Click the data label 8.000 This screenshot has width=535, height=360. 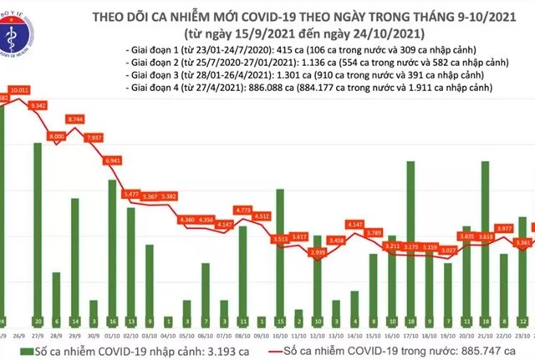point(57,136)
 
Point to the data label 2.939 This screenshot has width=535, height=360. point(318,251)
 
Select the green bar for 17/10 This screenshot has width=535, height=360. point(410,242)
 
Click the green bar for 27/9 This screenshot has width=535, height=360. point(38,234)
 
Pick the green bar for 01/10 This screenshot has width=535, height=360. point(112,251)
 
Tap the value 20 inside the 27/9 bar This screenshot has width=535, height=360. point(38,321)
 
